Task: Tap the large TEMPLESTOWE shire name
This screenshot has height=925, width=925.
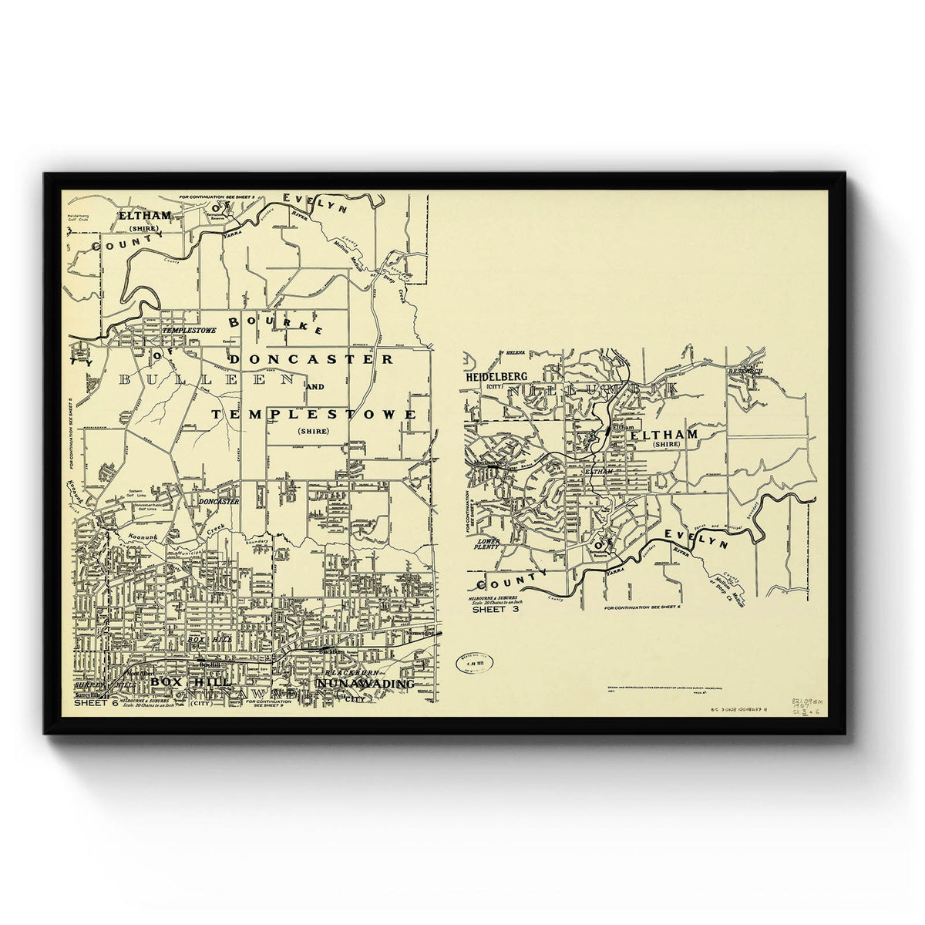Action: click(x=313, y=414)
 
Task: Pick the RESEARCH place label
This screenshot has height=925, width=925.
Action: click(x=745, y=372)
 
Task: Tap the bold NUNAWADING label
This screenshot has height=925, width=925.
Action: click(x=365, y=684)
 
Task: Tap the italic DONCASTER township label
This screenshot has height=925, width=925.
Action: click(x=220, y=502)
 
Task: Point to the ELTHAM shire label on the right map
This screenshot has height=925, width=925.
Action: click(x=664, y=435)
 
